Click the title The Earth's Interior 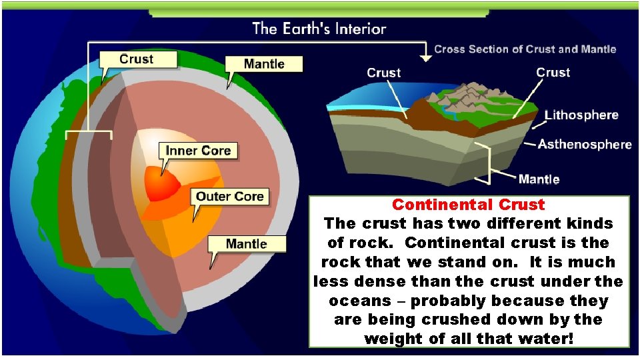319,29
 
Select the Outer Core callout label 230,196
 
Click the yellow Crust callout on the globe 137,59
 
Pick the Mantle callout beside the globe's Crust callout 263,64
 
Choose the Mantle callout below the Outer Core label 246,243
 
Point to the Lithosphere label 581,115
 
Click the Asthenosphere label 585,144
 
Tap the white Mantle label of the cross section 539,179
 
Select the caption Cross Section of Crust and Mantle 525,49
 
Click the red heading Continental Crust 468,205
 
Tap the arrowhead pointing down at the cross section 426,59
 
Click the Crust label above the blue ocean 383,73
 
